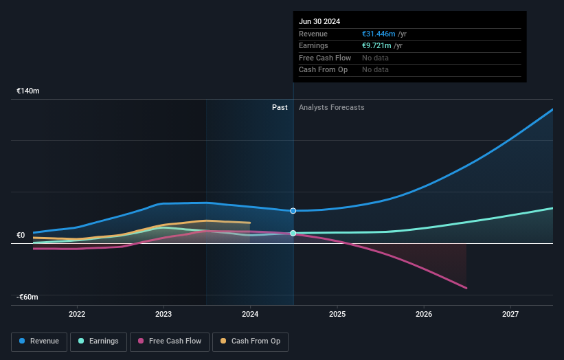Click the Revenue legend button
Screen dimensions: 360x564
(x=39, y=341)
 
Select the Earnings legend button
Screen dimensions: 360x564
(x=98, y=341)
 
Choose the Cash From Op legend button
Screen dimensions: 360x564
(x=251, y=341)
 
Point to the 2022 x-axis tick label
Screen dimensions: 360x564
(x=77, y=315)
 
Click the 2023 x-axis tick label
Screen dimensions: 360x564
(x=163, y=315)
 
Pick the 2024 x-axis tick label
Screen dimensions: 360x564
(x=250, y=315)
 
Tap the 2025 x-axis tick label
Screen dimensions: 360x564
(x=337, y=315)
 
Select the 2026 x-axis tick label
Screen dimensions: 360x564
(x=424, y=315)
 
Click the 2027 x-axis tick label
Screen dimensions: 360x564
(x=510, y=315)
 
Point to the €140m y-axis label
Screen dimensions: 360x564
(x=28, y=91)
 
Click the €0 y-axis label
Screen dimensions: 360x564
(x=21, y=235)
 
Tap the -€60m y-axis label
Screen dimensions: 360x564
(x=28, y=297)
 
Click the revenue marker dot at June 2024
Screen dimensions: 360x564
(x=293, y=211)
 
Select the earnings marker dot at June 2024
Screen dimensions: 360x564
(x=293, y=234)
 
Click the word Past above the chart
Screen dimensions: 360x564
(x=280, y=107)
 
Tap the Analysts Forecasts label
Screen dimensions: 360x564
(x=331, y=107)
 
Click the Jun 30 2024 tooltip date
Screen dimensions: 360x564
(x=319, y=22)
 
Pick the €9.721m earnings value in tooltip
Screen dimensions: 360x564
(x=377, y=46)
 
